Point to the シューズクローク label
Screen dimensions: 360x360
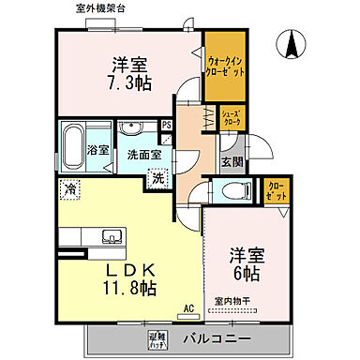[232, 118]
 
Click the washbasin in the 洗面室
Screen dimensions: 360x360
[132, 130]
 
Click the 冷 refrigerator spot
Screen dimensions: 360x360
[71, 190]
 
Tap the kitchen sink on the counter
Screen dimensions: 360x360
[111, 235]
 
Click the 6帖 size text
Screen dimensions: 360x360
[247, 272]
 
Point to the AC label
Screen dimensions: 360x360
[188, 307]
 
